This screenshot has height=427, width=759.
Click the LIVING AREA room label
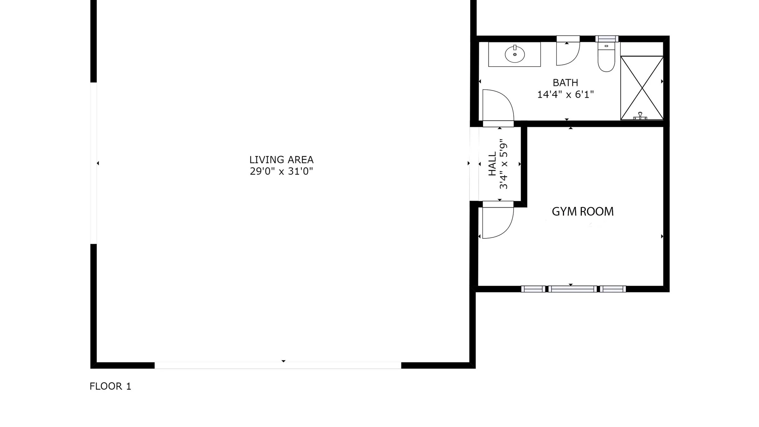tap(281, 160)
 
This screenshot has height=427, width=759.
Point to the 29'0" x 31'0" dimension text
tap(281, 171)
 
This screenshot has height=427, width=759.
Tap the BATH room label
tap(565, 83)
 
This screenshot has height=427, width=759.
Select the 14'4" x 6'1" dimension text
tap(566, 94)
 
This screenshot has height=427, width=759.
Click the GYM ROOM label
tap(583, 212)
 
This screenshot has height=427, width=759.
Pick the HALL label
tap(492, 164)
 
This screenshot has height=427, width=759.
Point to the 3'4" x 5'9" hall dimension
tap(503, 164)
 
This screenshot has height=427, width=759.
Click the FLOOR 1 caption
tap(110, 386)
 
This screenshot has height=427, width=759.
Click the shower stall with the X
tap(642, 88)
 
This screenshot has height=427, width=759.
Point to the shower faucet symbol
tap(640, 116)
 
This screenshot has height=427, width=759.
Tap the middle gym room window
tap(572, 289)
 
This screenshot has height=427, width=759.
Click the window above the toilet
tap(607, 39)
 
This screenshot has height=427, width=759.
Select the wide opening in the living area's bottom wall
tap(278, 365)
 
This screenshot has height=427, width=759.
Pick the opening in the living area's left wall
tap(94, 163)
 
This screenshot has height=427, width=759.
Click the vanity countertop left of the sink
tap(496, 54)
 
